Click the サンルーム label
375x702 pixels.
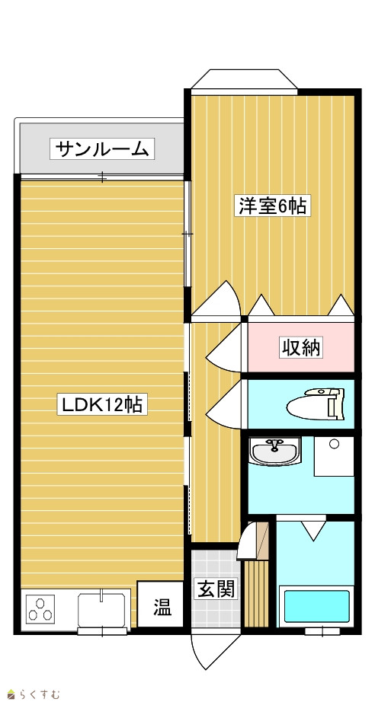[x=101, y=149]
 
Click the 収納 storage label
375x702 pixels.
[x=301, y=348]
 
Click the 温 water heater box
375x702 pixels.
[x=160, y=604]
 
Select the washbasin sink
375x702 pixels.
[x=274, y=451]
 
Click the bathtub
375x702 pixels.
[x=317, y=606]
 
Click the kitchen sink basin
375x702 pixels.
[x=101, y=609]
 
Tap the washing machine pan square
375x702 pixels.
[x=334, y=456]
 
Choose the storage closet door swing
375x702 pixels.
[x=224, y=348]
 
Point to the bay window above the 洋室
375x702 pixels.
[x=244, y=81]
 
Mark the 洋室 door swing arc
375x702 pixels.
[x=216, y=299]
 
